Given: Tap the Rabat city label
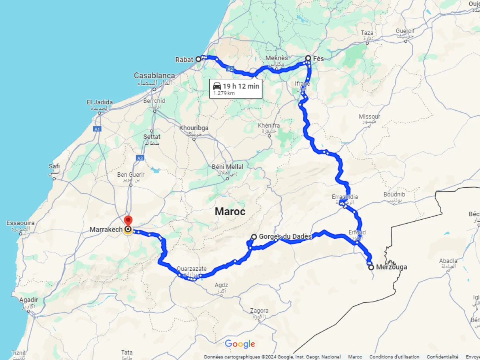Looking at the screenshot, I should click(184, 60).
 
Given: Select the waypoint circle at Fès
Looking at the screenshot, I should click(308, 58).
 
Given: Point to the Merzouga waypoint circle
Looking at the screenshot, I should click(371, 267).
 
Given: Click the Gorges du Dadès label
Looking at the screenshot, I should click(285, 236).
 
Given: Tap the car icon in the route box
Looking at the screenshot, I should click(217, 86).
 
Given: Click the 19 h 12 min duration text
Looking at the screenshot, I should click(241, 86).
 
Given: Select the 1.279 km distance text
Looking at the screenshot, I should click(224, 93).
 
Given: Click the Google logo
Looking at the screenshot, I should click(240, 344).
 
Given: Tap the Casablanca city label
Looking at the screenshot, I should click(154, 76).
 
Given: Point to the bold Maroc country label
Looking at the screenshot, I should click(230, 212).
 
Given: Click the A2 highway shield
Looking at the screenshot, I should click(230, 69).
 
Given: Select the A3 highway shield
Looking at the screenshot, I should click(140, 158).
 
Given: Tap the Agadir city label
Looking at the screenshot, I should click(28, 300).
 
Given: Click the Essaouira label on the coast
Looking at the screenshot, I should click(20, 223).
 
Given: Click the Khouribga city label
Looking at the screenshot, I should click(194, 128).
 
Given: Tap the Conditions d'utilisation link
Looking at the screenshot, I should click(394, 357).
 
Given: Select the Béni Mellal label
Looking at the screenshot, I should click(227, 167).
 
